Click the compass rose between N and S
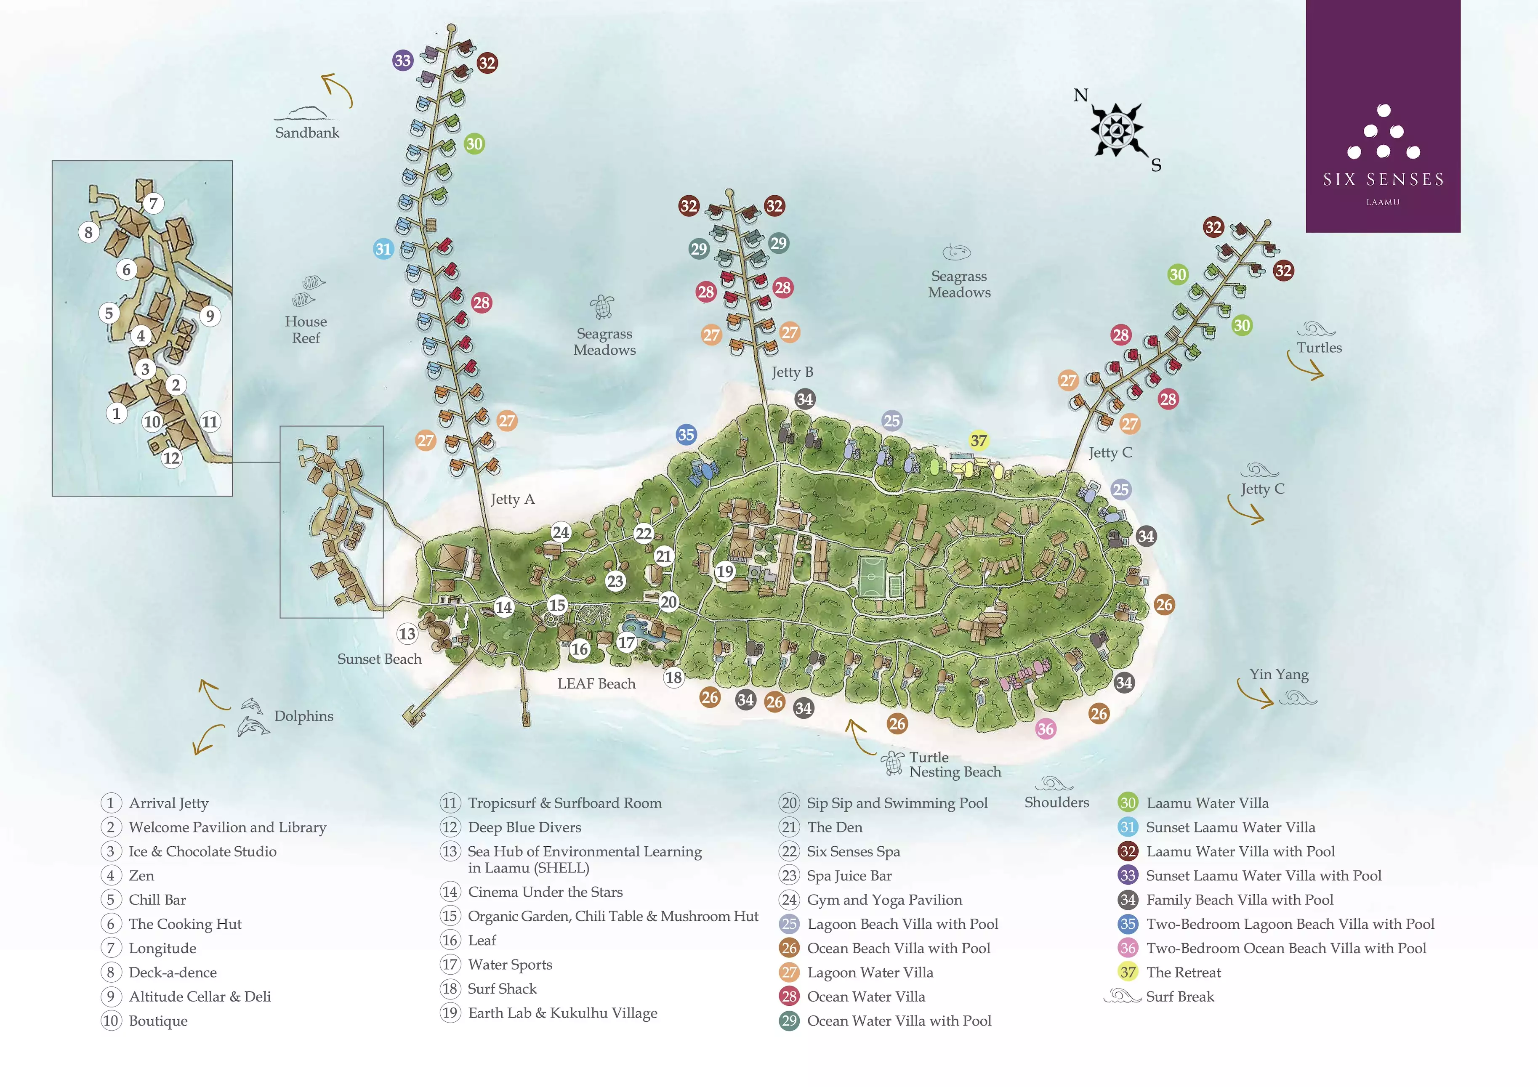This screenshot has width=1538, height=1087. point(1116,130)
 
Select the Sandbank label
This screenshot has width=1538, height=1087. point(307,133)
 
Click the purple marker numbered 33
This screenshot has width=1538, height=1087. point(402,60)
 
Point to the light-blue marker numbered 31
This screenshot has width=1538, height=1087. point(383,249)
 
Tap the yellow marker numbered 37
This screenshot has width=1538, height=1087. point(979,440)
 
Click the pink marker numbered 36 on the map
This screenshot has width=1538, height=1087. point(1046,729)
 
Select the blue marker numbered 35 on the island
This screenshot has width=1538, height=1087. point(686,434)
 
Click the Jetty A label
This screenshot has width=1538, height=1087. point(512,499)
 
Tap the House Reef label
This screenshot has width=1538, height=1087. point(306,330)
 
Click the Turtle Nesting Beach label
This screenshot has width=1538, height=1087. point(954,765)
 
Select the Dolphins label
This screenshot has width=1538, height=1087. point(303,716)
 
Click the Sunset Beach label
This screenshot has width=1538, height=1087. point(379,659)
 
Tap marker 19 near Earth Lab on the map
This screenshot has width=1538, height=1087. point(725,571)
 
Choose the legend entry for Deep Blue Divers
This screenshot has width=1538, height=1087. point(524,827)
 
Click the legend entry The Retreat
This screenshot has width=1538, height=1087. point(1183,973)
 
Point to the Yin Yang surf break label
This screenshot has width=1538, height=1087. point(1278,675)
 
